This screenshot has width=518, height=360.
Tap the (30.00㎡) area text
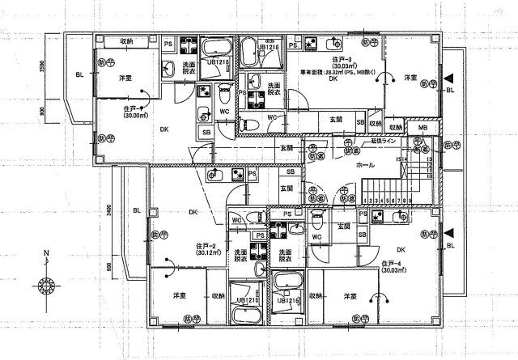pyautogui.click(x=134, y=116)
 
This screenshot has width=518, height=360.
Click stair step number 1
pyautogui.click(x=365, y=198)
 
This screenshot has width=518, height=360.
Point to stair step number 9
pyautogui.click(x=411, y=198)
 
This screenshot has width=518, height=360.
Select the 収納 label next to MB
pyautogui.click(x=395, y=127)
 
